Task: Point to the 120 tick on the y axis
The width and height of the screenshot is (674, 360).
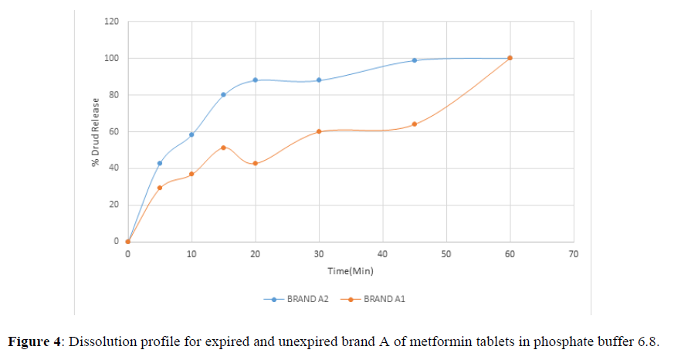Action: coord(113,21)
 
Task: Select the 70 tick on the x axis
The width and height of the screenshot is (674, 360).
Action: coord(573,253)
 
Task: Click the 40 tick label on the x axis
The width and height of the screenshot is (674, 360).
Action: coord(382,253)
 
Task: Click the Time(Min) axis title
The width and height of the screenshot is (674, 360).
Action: coord(350,271)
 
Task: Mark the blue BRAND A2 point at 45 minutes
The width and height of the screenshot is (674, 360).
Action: coord(415,60)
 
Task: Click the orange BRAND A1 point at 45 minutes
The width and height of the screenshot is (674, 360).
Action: coord(415,124)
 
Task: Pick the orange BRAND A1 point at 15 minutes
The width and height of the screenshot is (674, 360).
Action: coord(223,148)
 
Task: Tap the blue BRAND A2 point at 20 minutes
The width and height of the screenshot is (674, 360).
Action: coord(255,80)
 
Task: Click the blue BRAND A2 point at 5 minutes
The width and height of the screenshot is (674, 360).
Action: coord(160,163)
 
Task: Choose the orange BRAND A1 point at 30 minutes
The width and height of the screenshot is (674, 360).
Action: coord(319,131)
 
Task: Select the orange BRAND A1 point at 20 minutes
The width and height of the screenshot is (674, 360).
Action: coord(255,163)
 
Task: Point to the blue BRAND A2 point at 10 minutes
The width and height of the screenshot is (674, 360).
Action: coord(191,134)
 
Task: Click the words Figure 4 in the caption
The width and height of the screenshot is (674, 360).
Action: coord(36,341)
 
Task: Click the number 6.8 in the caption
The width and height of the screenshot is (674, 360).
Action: coord(651,341)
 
